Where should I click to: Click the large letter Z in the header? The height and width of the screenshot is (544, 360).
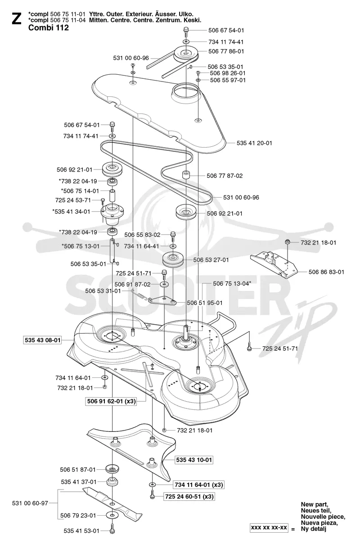[17, 19]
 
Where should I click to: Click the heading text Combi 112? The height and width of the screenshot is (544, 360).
[49, 27]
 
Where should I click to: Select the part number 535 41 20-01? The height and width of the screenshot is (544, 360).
[254, 143]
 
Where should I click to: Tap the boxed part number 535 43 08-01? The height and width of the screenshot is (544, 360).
[42, 340]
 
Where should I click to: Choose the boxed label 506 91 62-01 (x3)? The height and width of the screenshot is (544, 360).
[112, 401]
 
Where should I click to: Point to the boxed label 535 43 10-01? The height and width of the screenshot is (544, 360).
[194, 460]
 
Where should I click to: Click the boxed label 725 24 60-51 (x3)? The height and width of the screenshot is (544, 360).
[189, 497]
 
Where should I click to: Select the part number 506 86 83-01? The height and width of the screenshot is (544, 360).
[326, 272]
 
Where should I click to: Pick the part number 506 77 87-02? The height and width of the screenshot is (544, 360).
[225, 176]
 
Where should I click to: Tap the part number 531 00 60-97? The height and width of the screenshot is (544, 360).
[30, 503]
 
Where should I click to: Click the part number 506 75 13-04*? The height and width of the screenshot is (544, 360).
[232, 284]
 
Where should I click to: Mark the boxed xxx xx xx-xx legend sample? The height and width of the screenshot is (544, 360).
[269, 528]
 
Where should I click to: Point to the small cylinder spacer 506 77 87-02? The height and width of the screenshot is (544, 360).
[186, 175]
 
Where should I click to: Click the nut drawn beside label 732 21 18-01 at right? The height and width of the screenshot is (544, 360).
[288, 242]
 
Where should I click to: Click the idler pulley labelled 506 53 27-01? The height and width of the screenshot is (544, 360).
[173, 259]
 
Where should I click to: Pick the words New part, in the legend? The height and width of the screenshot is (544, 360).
[315, 505]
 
